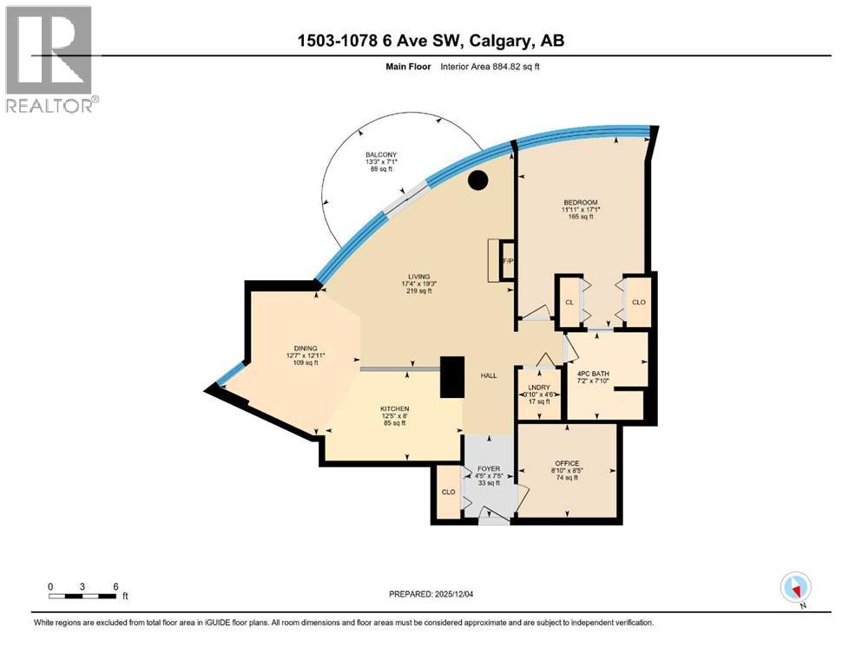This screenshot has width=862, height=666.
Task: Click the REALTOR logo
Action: [x=49, y=59]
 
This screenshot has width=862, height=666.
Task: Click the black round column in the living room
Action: [x=477, y=180]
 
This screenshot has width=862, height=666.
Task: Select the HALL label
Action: [x=489, y=375]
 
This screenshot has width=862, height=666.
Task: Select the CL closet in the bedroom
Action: [x=569, y=303]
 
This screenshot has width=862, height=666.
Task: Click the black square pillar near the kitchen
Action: [x=452, y=377]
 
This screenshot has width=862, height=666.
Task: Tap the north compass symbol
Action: [x=795, y=587]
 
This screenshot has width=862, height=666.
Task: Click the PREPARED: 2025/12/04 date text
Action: [x=431, y=594]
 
